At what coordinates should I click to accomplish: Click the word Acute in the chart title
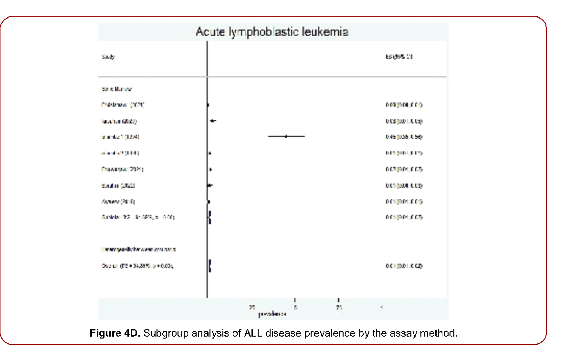click(209, 32)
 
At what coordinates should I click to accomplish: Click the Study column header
click(108, 57)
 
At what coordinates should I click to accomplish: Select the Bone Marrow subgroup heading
click(117, 89)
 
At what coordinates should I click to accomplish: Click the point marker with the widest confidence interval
click(286, 137)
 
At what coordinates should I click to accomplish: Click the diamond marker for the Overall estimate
click(210, 266)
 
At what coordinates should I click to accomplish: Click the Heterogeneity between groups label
click(138, 249)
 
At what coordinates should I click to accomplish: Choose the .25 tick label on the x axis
click(251, 308)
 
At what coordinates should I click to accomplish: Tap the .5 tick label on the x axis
click(296, 308)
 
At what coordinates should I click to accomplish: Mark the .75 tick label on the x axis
click(338, 308)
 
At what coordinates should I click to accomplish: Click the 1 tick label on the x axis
click(382, 308)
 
